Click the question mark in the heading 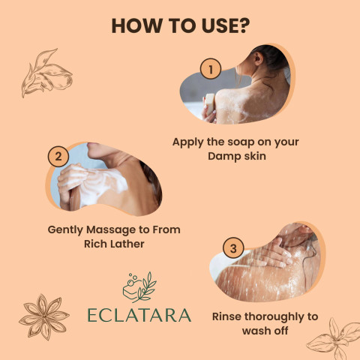[x=244, y=25]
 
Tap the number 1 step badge [x=211, y=69]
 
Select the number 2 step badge [x=58, y=157]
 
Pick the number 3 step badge [x=233, y=248]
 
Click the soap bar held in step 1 [x=209, y=103]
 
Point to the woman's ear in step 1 [x=258, y=58]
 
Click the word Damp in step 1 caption [x=222, y=156]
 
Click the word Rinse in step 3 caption [x=226, y=316]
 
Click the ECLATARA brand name [x=139, y=315]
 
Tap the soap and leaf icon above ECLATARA [x=139, y=287]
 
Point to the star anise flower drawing [x=44, y=317]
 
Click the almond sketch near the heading [x=46, y=73]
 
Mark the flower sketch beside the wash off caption [x=334, y=340]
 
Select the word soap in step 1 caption [x=234, y=142]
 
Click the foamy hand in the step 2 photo [x=70, y=178]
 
